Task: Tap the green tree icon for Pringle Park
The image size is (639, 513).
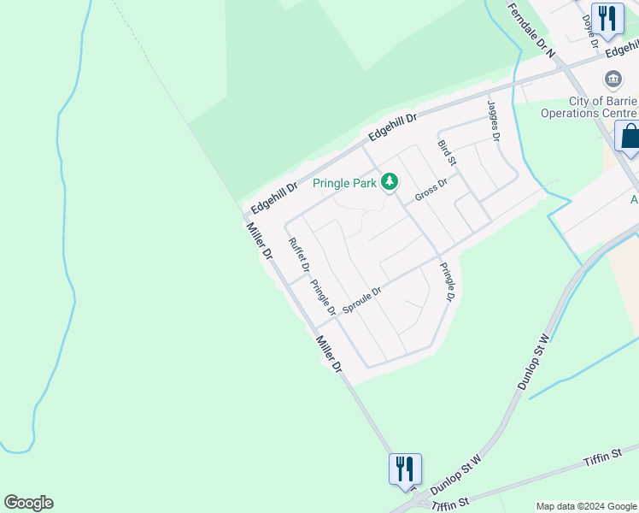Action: [390, 181]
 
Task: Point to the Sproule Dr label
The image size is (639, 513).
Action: [361, 299]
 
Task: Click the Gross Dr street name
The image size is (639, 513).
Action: [431, 190]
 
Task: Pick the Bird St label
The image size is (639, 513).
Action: [447, 153]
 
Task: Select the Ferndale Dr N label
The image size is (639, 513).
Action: [531, 29]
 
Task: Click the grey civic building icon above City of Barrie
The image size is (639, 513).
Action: [613, 80]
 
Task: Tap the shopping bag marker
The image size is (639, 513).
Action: [630, 137]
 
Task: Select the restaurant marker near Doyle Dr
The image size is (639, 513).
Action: [607, 18]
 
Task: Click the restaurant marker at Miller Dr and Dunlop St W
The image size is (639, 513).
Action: [405, 469]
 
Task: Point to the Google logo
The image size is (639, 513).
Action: [28, 503]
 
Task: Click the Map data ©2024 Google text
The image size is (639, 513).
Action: [586, 506]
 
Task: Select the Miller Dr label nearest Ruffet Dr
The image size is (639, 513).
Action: [258, 241]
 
